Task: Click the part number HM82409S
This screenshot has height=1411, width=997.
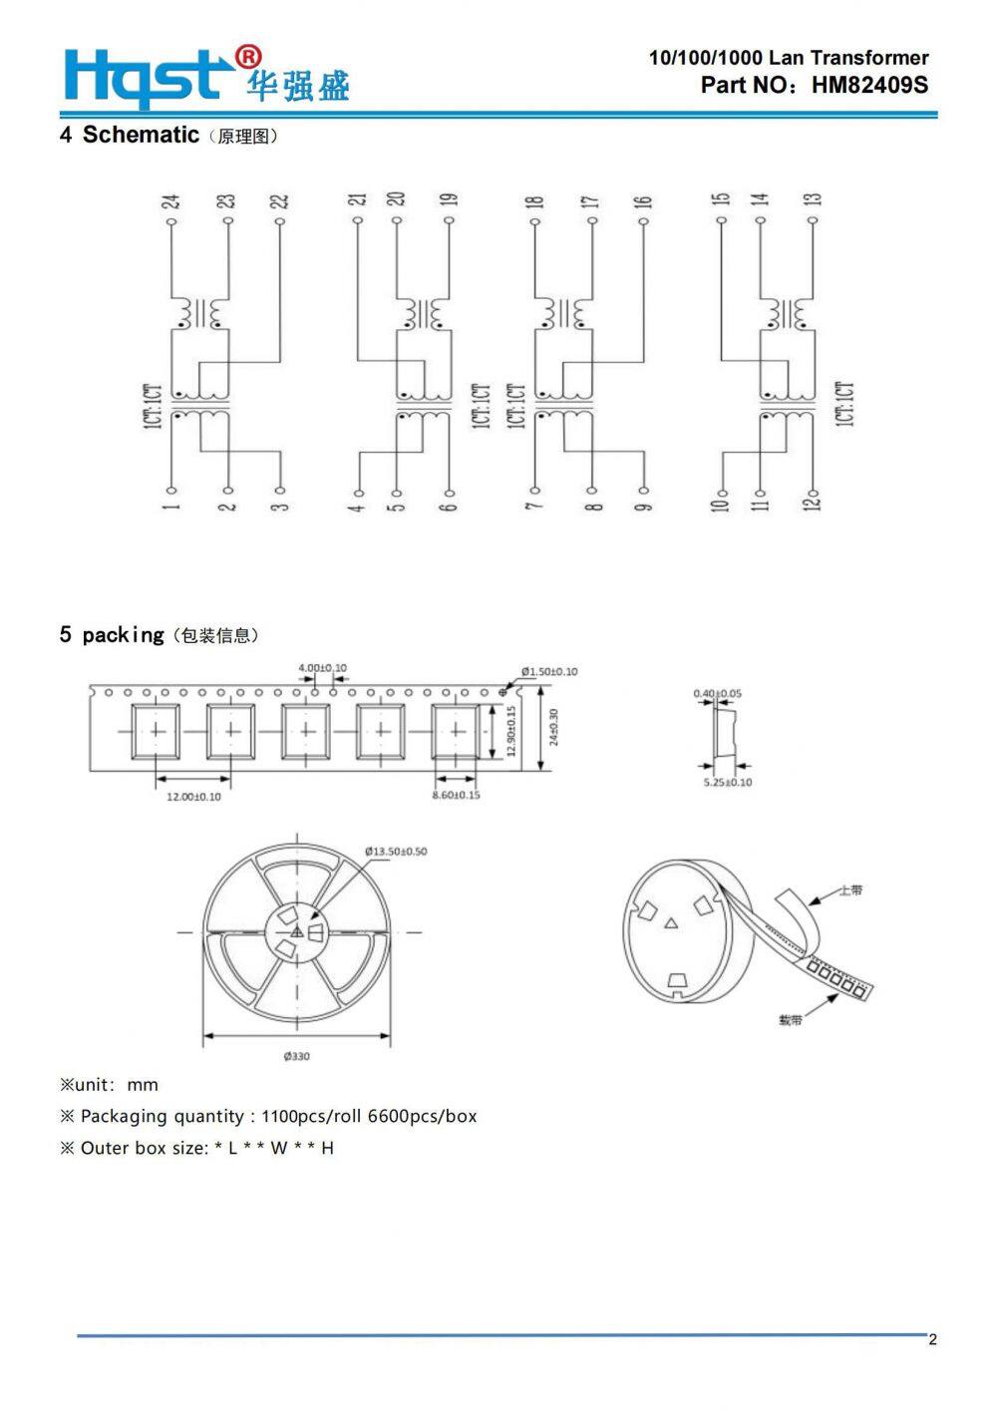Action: [x=868, y=85]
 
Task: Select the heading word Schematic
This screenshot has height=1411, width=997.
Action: [x=141, y=135]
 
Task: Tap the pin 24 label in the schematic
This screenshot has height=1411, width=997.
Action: [x=171, y=201]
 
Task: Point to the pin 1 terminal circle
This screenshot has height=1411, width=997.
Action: [x=171, y=490]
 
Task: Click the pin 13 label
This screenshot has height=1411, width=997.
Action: [x=814, y=199]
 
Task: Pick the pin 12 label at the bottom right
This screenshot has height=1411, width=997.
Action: [x=814, y=502]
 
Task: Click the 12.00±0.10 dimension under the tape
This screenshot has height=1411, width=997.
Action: [x=193, y=797]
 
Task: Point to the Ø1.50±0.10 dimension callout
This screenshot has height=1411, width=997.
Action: [x=549, y=672]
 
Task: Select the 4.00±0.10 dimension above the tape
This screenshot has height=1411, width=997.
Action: [x=323, y=668]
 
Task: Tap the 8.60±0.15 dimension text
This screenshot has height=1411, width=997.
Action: [x=456, y=795]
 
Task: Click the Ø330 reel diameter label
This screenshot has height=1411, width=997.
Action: [x=296, y=1056]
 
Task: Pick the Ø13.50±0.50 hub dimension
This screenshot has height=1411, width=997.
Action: [x=396, y=852]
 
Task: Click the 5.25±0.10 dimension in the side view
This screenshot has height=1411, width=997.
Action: [x=728, y=782]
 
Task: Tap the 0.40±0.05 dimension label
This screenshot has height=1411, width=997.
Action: [x=718, y=693]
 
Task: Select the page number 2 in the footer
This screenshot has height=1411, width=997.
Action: [x=932, y=1339]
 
